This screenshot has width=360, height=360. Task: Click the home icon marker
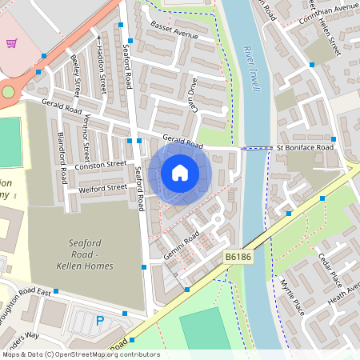180,172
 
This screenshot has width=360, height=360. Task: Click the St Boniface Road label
304,148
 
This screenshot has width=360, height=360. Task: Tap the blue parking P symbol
100,321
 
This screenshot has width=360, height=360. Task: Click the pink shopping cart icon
11,43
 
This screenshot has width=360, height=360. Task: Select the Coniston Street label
101,164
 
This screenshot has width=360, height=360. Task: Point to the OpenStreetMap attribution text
80,354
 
